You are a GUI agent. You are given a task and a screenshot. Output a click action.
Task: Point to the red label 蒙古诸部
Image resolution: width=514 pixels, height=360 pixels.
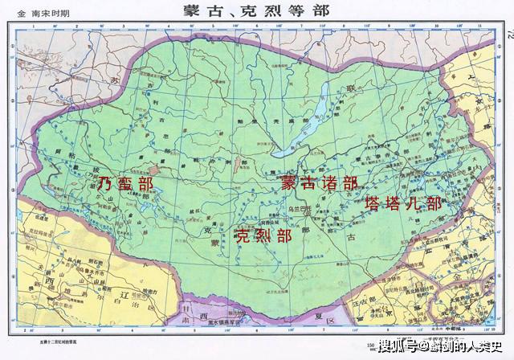[319, 182]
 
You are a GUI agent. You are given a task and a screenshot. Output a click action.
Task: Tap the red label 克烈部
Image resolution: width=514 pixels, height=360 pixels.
[262, 235]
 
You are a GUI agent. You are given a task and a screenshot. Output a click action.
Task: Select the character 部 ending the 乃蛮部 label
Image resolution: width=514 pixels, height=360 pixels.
[145, 184]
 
